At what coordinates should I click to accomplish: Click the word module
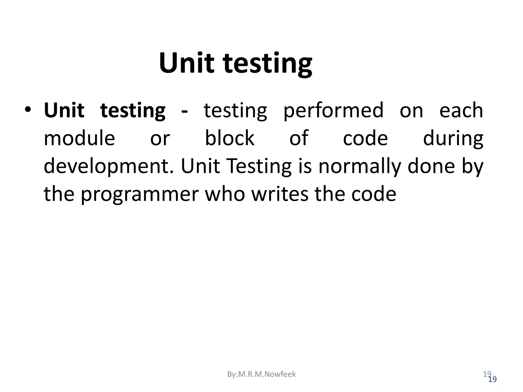[79, 138]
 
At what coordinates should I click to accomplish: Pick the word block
[230, 138]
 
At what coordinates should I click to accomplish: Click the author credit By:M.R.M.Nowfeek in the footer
[261, 374]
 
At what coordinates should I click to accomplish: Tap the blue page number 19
[492, 379]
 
